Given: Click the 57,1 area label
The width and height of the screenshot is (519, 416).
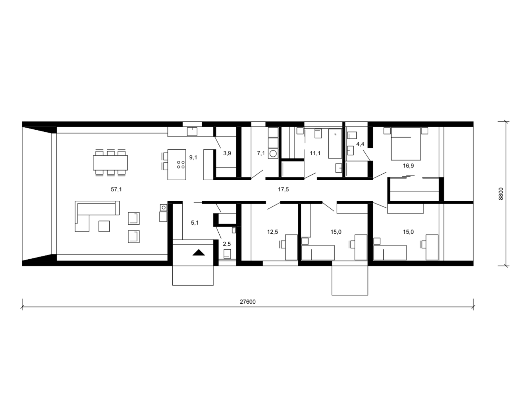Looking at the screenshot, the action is tap(116, 190).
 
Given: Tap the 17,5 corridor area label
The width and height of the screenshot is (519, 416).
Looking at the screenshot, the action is tap(283, 190).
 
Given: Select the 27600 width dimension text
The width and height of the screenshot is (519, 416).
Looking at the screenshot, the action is tap(247, 302).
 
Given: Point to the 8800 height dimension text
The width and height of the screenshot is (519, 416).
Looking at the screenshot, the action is tap(501, 194).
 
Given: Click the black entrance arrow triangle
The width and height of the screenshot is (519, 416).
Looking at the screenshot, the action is tap(199, 253).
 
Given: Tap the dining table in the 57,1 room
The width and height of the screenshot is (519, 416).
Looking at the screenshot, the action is tap(110, 163).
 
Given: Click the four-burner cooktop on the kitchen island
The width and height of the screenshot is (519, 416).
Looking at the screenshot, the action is tap(181, 165).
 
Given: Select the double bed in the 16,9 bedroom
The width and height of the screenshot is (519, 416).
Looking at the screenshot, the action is tap(406, 144).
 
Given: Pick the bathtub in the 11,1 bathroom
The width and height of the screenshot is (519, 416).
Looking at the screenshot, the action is tap(335, 144).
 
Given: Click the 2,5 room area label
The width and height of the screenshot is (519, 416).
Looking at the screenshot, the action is tap(227, 244).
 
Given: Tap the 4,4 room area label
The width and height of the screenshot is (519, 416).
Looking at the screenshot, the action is tap(360, 144).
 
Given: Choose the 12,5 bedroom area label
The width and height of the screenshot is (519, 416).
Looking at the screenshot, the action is tap(272, 232).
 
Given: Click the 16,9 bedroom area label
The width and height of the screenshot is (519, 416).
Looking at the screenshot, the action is tap(408, 166).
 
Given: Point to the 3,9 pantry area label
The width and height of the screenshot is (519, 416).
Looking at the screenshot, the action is tap(227, 153).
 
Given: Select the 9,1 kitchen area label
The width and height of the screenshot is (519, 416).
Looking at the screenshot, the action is tap(193, 158).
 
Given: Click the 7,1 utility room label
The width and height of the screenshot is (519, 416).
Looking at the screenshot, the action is tap(261, 153).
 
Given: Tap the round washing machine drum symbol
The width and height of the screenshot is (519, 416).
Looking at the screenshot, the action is tap(273, 154).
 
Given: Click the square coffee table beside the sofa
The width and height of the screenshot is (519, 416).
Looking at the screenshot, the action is tap(104, 226).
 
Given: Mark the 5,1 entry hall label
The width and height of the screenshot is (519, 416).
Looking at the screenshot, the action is tap(194, 223).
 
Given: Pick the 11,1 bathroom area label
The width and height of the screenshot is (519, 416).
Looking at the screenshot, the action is tap(315, 153).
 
